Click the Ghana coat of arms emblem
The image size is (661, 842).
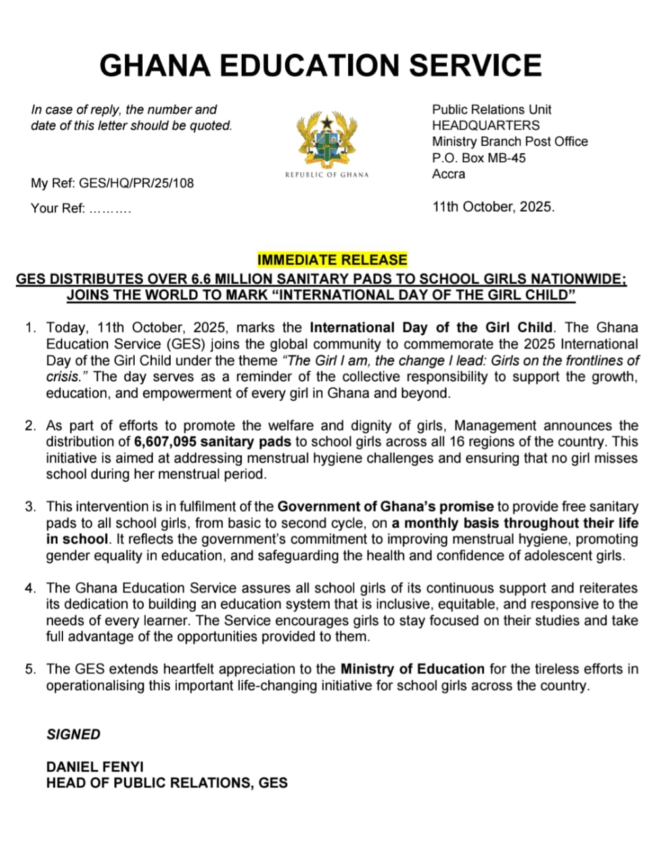[x=327, y=139]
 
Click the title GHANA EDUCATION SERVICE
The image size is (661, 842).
[x=321, y=65]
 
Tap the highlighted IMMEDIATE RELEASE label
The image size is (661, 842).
[x=332, y=260]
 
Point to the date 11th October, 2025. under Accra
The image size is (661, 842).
[x=493, y=207]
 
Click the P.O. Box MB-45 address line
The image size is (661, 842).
[x=479, y=158]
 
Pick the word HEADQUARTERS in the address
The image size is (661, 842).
[x=486, y=126]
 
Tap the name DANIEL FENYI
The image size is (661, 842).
[x=95, y=766]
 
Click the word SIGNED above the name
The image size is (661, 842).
[x=74, y=734]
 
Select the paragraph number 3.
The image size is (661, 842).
[x=30, y=507]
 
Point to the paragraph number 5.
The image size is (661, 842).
[x=30, y=669]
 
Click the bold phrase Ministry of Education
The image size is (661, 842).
[x=412, y=669]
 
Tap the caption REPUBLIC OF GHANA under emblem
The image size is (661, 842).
[x=327, y=174]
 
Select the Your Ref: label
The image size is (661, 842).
[x=58, y=209]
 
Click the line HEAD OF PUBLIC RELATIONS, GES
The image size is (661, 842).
[x=167, y=783]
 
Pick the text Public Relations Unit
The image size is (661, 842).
[x=491, y=110]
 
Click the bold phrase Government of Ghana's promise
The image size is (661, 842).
[x=385, y=507]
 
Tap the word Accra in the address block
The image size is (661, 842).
[x=449, y=174]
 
